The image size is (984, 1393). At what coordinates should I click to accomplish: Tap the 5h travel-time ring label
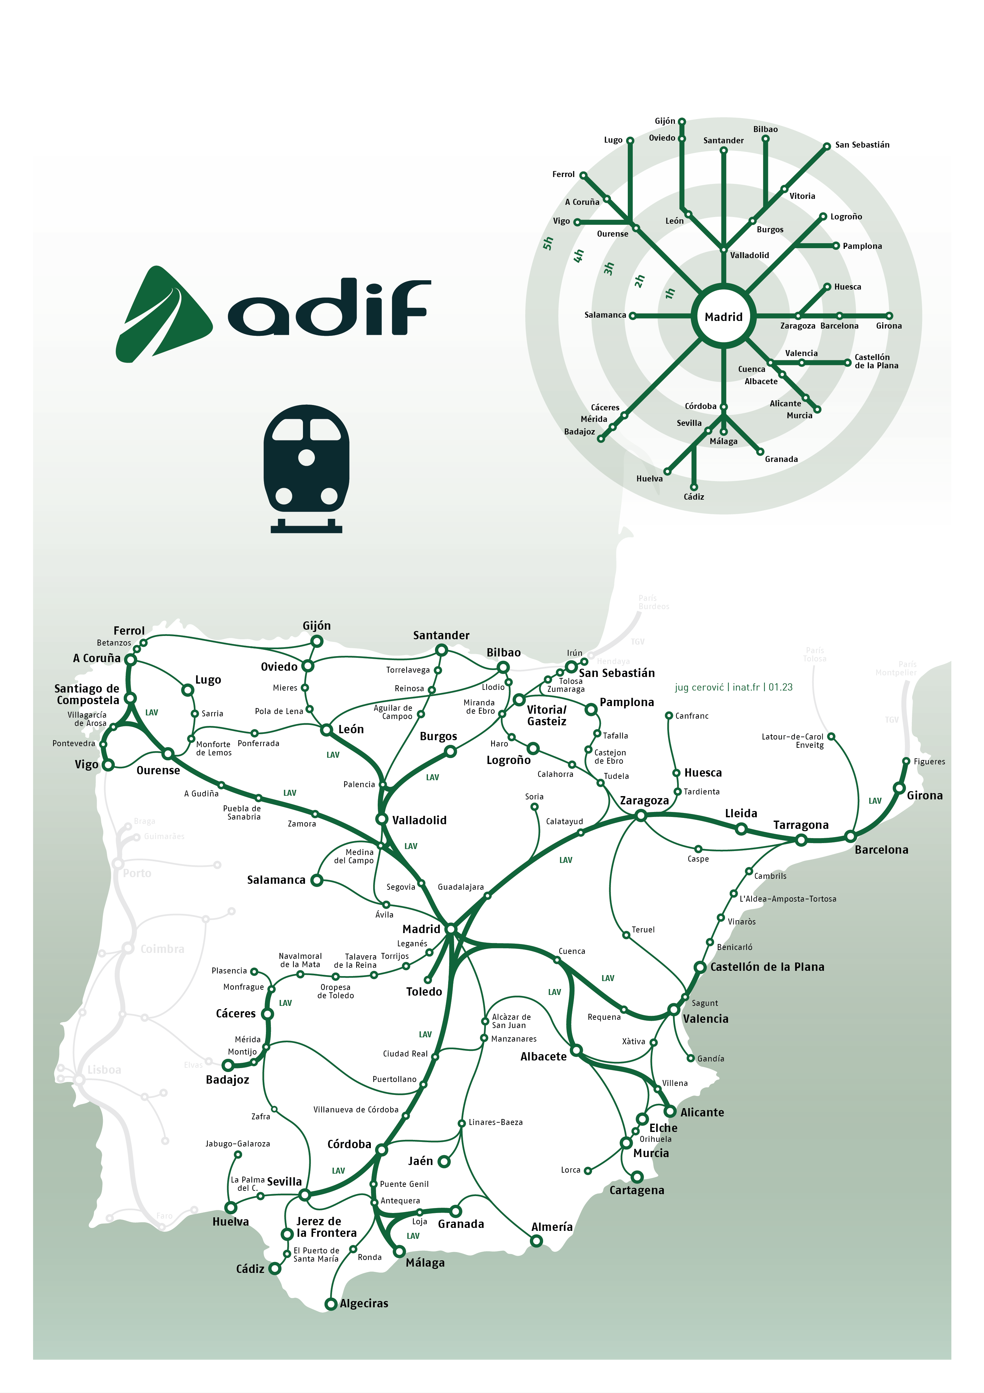tap(548, 243)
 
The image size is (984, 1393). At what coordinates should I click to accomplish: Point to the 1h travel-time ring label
tap(670, 293)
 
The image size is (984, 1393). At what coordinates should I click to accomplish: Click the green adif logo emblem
tap(163, 314)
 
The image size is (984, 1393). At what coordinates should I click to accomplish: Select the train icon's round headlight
tap(306, 457)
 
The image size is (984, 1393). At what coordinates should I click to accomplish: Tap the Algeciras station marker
tap(331, 1304)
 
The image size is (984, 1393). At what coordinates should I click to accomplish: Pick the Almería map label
tap(551, 1227)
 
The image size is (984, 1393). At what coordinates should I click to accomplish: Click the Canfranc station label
tap(692, 716)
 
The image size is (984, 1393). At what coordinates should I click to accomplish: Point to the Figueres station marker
tap(906, 761)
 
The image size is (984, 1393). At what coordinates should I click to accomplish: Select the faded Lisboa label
tap(104, 1070)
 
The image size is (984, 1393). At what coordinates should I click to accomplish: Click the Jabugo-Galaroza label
tap(237, 1144)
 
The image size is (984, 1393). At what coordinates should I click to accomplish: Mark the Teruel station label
tap(643, 929)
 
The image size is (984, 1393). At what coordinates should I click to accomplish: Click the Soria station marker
tap(534, 807)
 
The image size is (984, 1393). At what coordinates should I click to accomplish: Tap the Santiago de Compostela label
tap(87, 694)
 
